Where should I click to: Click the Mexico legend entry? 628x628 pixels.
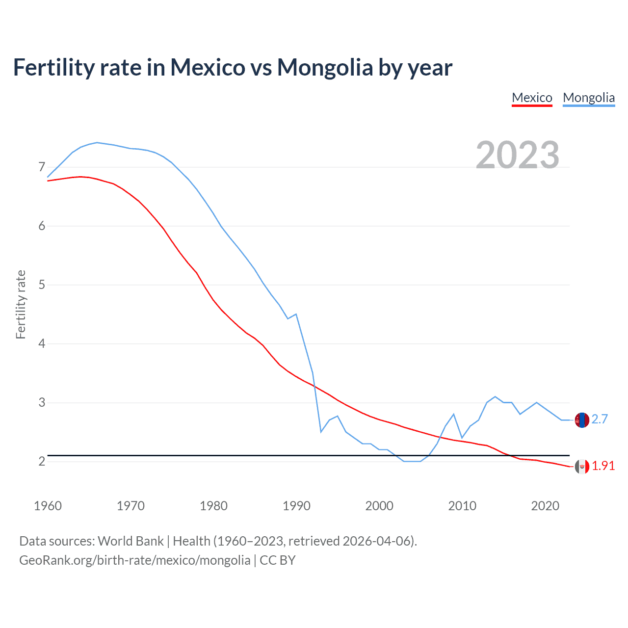(x=532, y=98)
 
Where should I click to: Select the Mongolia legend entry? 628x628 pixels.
(x=588, y=98)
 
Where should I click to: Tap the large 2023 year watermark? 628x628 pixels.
(x=518, y=155)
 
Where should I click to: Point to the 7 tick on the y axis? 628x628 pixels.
(x=42, y=167)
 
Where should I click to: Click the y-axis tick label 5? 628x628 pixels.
(x=42, y=285)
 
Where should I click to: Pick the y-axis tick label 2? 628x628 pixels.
(x=42, y=461)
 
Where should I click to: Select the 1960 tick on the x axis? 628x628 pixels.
(x=48, y=506)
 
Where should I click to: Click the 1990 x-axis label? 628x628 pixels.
(x=296, y=506)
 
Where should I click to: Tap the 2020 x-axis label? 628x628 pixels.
(x=545, y=506)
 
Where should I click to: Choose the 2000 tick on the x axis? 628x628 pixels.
(x=379, y=506)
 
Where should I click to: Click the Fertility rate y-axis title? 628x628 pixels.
(x=21, y=304)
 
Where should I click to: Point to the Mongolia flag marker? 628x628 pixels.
(x=581, y=420)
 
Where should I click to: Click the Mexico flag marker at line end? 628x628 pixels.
(x=581, y=467)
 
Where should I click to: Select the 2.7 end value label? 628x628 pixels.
(x=600, y=419)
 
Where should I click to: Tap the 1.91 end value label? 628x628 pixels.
(x=603, y=466)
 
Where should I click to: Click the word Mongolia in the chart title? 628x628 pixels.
(x=325, y=67)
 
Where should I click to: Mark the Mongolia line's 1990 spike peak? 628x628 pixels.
(x=296, y=314)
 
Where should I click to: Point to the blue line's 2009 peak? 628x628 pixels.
(x=453, y=414)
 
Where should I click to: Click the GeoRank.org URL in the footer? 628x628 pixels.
(x=134, y=560)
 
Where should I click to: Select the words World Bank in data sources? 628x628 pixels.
(x=131, y=541)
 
